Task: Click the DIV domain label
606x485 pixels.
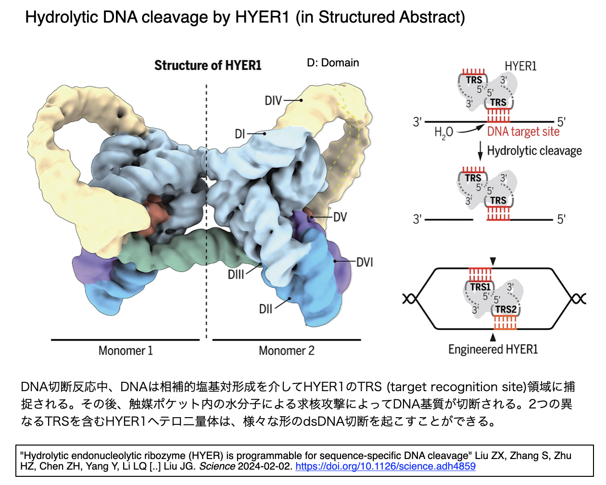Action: (x=273, y=101)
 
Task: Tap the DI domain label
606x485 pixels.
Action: (x=240, y=134)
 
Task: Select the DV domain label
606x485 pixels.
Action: (x=340, y=217)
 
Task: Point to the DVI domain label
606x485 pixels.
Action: (x=365, y=262)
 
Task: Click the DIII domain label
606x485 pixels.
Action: (x=236, y=274)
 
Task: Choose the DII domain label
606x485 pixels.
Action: (x=265, y=309)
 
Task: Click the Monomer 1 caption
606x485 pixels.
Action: (x=126, y=351)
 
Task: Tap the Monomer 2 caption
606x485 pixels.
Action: (x=286, y=351)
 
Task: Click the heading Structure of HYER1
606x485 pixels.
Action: (x=208, y=65)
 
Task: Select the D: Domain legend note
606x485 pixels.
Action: (x=333, y=63)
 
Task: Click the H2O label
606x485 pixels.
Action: (x=444, y=132)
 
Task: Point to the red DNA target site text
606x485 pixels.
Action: (x=523, y=132)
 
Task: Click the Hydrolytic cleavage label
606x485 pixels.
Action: (x=534, y=151)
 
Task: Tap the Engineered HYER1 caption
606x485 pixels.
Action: (x=493, y=349)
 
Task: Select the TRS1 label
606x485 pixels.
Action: (x=480, y=287)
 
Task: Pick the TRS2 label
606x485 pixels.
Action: (x=506, y=309)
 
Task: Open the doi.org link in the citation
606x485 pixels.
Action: (x=386, y=466)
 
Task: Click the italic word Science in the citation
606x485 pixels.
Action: (x=217, y=466)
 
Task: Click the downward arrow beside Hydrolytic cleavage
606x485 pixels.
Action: (x=480, y=151)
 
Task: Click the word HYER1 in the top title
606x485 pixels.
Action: (x=262, y=17)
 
